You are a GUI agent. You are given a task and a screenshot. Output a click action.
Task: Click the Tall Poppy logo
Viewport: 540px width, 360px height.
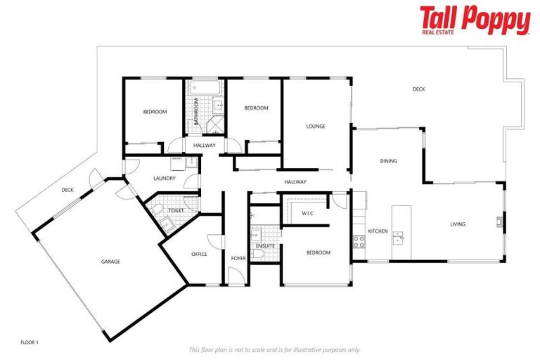[x=475, y=20]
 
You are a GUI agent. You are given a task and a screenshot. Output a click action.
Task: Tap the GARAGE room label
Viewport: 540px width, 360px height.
[x=110, y=262]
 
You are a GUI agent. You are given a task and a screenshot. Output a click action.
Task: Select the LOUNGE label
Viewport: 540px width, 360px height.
[x=316, y=127]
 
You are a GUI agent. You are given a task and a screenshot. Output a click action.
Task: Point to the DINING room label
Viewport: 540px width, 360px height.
[x=388, y=161]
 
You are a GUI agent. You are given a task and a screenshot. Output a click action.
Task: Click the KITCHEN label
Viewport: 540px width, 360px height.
[x=378, y=231]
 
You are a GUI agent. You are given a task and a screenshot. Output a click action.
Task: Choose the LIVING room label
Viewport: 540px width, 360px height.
[x=458, y=224]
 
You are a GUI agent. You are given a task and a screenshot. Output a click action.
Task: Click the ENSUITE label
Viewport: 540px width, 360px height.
[x=265, y=245]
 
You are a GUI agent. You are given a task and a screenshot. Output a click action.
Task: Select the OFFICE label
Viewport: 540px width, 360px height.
[x=199, y=254]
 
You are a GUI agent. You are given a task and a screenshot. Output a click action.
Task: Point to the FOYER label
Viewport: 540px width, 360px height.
[x=238, y=258]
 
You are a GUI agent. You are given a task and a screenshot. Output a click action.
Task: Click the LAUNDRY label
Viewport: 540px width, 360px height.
[x=164, y=179]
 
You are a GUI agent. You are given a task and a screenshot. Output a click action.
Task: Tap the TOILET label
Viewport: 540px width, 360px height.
[x=176, y=210]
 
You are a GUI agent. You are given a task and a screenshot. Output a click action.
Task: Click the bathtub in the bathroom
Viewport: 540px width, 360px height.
[x=205, y=88]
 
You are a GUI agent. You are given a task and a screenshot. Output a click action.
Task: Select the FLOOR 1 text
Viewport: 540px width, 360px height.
[x=30, y=342]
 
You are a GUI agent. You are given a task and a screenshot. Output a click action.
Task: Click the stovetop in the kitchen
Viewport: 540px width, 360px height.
[x=358, y=242]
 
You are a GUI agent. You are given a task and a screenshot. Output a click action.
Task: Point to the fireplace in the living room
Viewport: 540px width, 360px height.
[x=499, y=224]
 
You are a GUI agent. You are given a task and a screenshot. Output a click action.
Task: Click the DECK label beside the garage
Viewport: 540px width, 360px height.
[x=67, y=190]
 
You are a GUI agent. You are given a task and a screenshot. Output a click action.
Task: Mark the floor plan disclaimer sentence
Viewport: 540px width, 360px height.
[x=275, y=349]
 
